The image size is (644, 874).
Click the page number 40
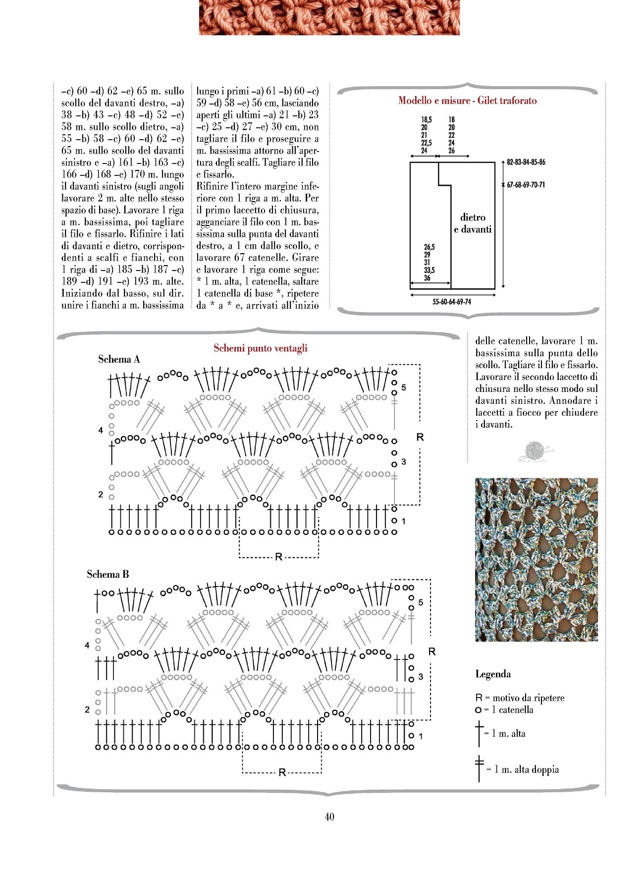329,817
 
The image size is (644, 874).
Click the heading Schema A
119,359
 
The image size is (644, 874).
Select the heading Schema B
108,574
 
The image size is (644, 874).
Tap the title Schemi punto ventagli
261,348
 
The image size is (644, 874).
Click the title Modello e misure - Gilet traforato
467,101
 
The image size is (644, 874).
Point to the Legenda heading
493,674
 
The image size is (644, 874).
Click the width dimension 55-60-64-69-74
452,302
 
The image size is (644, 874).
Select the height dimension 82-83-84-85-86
526,162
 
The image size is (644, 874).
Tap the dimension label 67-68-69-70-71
526,185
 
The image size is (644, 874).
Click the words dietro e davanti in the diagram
473,223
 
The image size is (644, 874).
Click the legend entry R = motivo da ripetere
520,698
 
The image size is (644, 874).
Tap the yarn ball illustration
534,451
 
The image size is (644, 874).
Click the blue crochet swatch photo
536,559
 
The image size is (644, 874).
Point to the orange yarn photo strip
329,17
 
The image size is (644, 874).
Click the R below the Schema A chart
279,557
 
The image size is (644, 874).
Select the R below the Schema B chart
282,772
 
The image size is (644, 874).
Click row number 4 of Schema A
101,430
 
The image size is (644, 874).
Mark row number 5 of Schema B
421,602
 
